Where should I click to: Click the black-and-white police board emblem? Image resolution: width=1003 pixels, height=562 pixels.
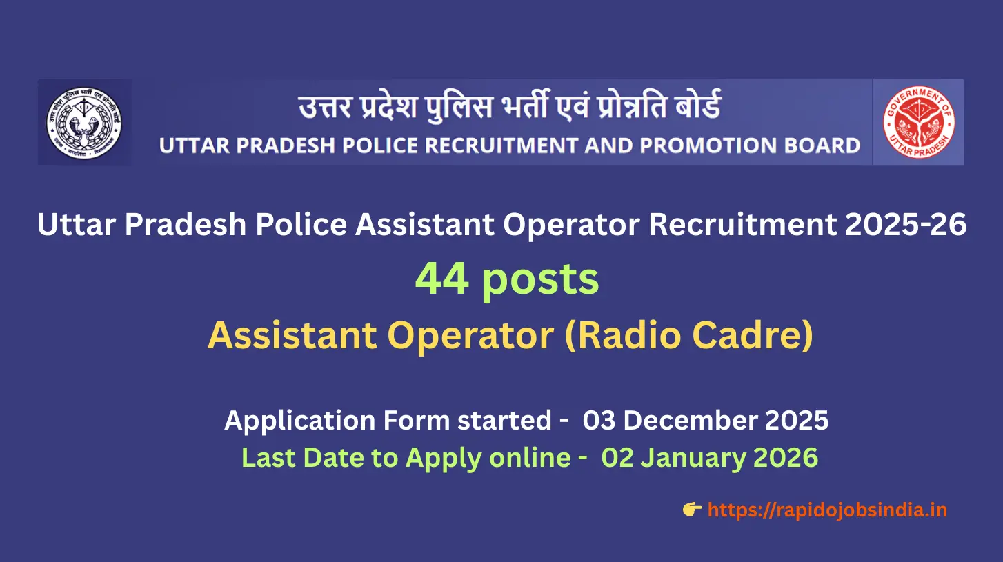pyautogui.click(x=84, y=123)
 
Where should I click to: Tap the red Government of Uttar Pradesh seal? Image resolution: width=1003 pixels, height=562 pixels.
pyautogui.click(x=918, y=123)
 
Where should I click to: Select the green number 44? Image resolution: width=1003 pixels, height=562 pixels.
pyautogui.click(x=441, y=279)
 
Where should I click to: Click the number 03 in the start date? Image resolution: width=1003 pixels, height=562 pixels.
pyautogui.click(x=599, y=421)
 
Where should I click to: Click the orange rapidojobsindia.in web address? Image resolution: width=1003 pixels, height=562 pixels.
pyautogui.click(x=827, y=510)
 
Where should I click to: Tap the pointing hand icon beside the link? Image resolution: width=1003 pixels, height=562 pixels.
pyautogui.click(x=692, y=510)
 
